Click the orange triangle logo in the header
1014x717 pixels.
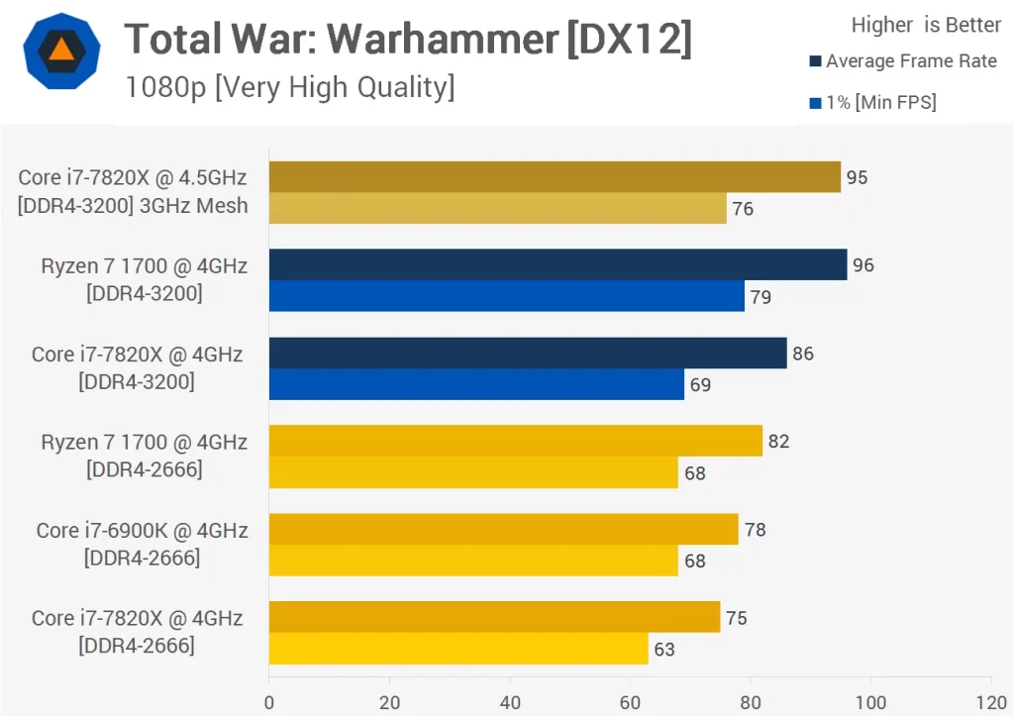pyautogui.click(x=61, y=51)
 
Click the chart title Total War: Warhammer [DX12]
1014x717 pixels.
pyautogui.click(x=408, y=40)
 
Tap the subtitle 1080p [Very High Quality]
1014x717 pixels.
pyautogui.click(x=289, y=87)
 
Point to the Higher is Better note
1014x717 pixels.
pyautogui.click(x=926, y=25)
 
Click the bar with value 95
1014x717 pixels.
pyautogui.click(x=555, y=177)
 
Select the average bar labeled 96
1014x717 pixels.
pyautogui.click(x=558, y=264)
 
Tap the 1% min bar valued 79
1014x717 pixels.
pyautogui.click(x=506, y=296)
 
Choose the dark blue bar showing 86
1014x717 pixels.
pyautogui.click(x=528, y=354)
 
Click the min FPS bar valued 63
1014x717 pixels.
pyautogui.click(x=458, y=649)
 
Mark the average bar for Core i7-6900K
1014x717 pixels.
pyautogui.click(x=503, y=529)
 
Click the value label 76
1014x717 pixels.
pyautogui.click(x=743, y=209)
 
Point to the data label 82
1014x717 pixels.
pyautogui.click(x=778, y=442)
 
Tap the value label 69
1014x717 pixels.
pyautogui.click(x=700, y=384)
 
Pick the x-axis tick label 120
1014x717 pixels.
pyautogui.click(x=990, y=702)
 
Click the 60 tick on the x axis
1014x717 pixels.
pyautogui.click(x=630, y=702)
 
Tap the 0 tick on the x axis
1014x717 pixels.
pyautogui.click(x=269, y=702)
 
